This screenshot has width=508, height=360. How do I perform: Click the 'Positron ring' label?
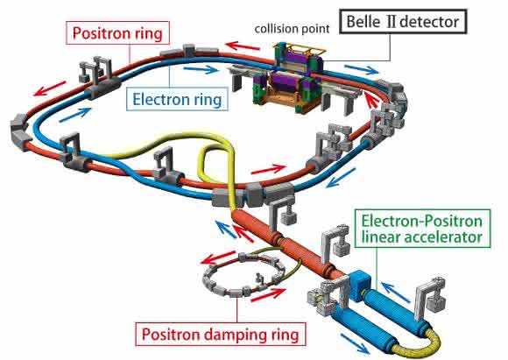[117, 33]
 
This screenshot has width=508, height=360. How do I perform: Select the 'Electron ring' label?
[177, 99]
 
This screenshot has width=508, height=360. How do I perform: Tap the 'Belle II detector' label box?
[403, 22]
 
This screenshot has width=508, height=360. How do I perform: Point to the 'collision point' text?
[292, 29]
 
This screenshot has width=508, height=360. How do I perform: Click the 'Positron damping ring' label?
[221, 334]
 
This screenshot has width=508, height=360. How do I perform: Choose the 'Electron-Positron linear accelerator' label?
[422, 229]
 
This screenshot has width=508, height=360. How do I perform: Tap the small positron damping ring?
[243, 275]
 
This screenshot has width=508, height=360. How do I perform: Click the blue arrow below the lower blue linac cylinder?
[355, 344]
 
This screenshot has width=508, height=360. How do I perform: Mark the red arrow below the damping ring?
[268, 294]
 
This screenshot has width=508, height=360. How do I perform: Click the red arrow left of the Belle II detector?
[243, 46]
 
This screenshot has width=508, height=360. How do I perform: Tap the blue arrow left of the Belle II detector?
[201, 69]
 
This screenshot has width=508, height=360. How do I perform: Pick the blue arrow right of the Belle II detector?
[361, 69]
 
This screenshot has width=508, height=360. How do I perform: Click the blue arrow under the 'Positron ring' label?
[75, 115]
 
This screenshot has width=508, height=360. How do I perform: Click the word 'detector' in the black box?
[429, 22]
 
